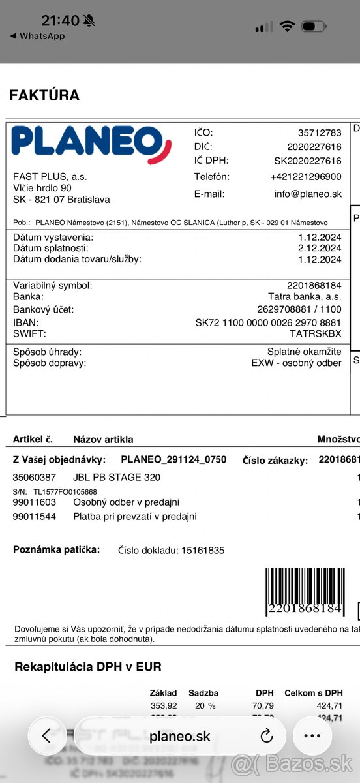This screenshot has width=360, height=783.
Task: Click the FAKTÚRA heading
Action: click(x=44, y=95)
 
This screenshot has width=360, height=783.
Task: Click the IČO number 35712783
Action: click(x=320, y=132)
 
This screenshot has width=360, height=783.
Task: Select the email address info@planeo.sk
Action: click(x=308, y=194)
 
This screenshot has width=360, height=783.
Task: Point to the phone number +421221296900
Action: click(x=306, y=177)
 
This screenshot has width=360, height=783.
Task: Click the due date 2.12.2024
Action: click(x=320, y=248)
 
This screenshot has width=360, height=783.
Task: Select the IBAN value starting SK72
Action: click(x=268, y=322)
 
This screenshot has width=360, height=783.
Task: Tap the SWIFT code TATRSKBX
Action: click(x=315, y=333)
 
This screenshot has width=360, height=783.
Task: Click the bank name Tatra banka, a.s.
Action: click(x=305, y=296)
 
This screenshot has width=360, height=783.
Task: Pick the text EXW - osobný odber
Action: click(x=296, y=363)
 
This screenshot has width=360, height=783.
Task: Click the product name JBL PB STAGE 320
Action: click(x=117, y=477)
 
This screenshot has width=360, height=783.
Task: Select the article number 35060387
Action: click(x=35, y=477)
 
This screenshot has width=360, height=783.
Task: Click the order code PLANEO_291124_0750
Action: click(x=173, y=459)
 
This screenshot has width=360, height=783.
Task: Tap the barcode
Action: click(x=304, y=591)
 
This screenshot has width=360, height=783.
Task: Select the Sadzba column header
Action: click(x=203, y=693)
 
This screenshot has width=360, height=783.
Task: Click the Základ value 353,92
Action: click(x=164, y=705)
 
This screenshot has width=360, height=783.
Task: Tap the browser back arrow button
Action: click(x=46, y=736)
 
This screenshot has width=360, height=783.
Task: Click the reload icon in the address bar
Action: click(x=266, y=736)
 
